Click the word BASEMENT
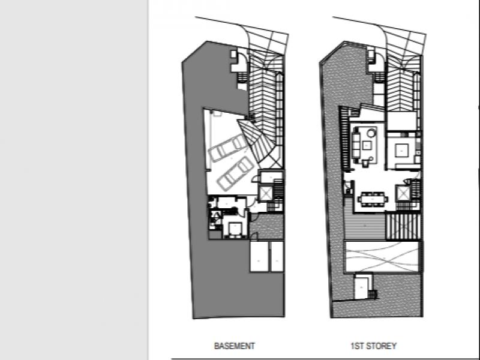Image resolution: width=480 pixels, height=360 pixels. [235, 346]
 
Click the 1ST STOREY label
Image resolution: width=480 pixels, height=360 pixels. [373, 346]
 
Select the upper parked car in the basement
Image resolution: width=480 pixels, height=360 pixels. [228, 148]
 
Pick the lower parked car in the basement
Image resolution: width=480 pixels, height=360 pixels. [236, 173]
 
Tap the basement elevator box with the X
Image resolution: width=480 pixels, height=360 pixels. [265, 193]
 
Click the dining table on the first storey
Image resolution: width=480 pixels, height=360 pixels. [373, 199]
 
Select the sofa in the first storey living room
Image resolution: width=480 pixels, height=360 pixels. [356, 143]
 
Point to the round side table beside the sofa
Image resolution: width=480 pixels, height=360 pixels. [371, 133]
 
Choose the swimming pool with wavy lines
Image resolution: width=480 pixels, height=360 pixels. [382, 257]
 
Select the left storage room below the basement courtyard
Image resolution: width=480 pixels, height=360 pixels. [259, 257]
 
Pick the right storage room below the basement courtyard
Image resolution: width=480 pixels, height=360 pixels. [277, 257]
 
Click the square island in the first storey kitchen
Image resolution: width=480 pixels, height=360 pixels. [401, 151]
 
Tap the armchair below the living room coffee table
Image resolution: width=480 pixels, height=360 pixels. [366, 163]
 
